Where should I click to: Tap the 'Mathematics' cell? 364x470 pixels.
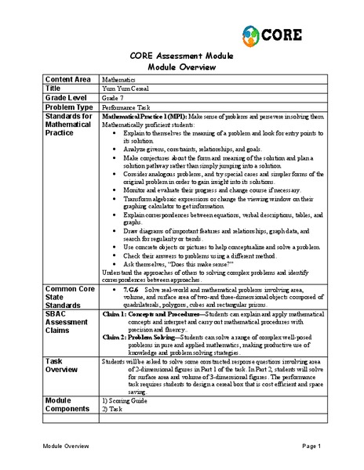(120, 79)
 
